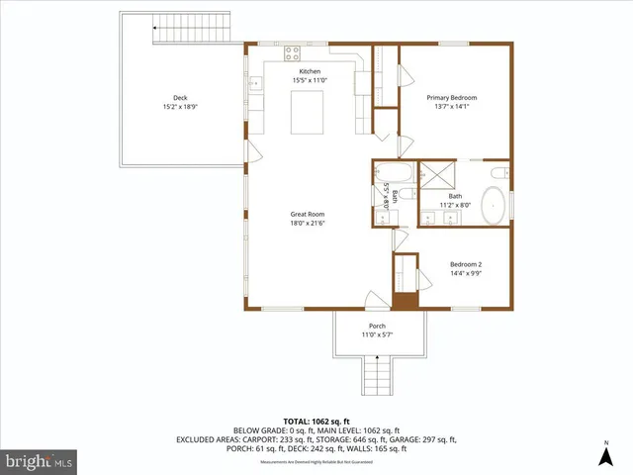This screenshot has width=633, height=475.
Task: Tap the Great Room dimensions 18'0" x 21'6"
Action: pos(308,223)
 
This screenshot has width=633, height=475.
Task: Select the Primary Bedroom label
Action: pos(452,97)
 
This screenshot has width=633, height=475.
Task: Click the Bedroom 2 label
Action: pos(466,264)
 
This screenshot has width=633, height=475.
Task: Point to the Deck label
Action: pos(180,97)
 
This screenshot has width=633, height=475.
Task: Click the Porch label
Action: pos(377,326)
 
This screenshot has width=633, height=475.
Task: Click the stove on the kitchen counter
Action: pos(294,53)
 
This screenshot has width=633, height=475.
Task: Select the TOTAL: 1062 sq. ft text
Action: pos(316,421)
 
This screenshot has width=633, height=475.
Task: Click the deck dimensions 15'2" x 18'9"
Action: pos(180,106)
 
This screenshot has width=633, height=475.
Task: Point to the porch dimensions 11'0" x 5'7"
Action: pos(377,334)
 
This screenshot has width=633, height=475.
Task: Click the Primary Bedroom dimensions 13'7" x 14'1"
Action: pos(452,106)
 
